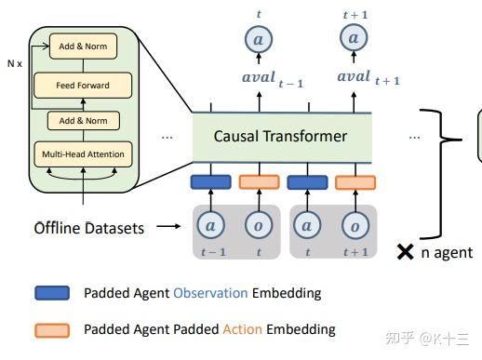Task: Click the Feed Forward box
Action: coord(84,86)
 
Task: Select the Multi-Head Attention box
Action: coord(84,153)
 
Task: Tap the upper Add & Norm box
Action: coord(84,45)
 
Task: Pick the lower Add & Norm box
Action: coord(84,121)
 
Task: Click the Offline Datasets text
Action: coord(89,227)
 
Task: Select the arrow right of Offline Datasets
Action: coord(167,226)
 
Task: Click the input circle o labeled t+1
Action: coord(354,225)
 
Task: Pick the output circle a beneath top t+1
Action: coord(353,38)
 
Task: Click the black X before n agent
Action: coord(405,251)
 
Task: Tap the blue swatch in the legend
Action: coord(54,293)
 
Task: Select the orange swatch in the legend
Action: coord(54,329)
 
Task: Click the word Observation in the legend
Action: coord(210,293)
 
